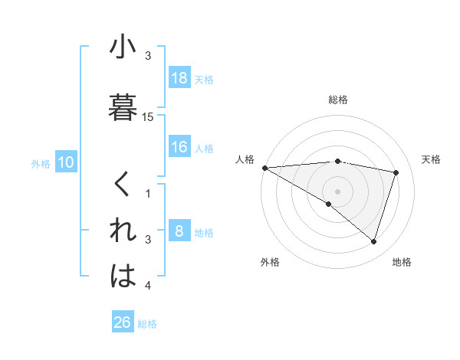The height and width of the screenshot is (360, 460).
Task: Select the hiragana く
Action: (123, 184)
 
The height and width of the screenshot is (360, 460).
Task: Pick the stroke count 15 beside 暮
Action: (148, 117)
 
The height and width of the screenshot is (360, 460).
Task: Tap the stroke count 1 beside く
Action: (148, 194)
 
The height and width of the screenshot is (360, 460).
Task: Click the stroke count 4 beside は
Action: (148, 286)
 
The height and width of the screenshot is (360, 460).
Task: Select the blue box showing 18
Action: (179, 78)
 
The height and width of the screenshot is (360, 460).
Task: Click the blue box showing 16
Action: (179, 147)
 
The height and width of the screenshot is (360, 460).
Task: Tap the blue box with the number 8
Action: (179, 231)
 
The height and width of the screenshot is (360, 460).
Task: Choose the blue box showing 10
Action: (66, 162)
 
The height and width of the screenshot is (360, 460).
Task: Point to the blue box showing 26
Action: (123, 322)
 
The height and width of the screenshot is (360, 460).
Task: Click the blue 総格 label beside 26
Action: (147, 324)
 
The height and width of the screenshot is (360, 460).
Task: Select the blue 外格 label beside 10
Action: (41, 163)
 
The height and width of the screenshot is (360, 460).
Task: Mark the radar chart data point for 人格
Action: (264, 168)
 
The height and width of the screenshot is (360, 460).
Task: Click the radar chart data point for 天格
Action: (396, 172)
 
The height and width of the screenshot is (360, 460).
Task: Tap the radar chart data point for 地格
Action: (373, 241)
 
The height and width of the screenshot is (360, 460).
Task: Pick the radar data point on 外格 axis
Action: (329, 204)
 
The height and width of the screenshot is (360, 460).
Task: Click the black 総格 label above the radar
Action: (338, 100)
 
